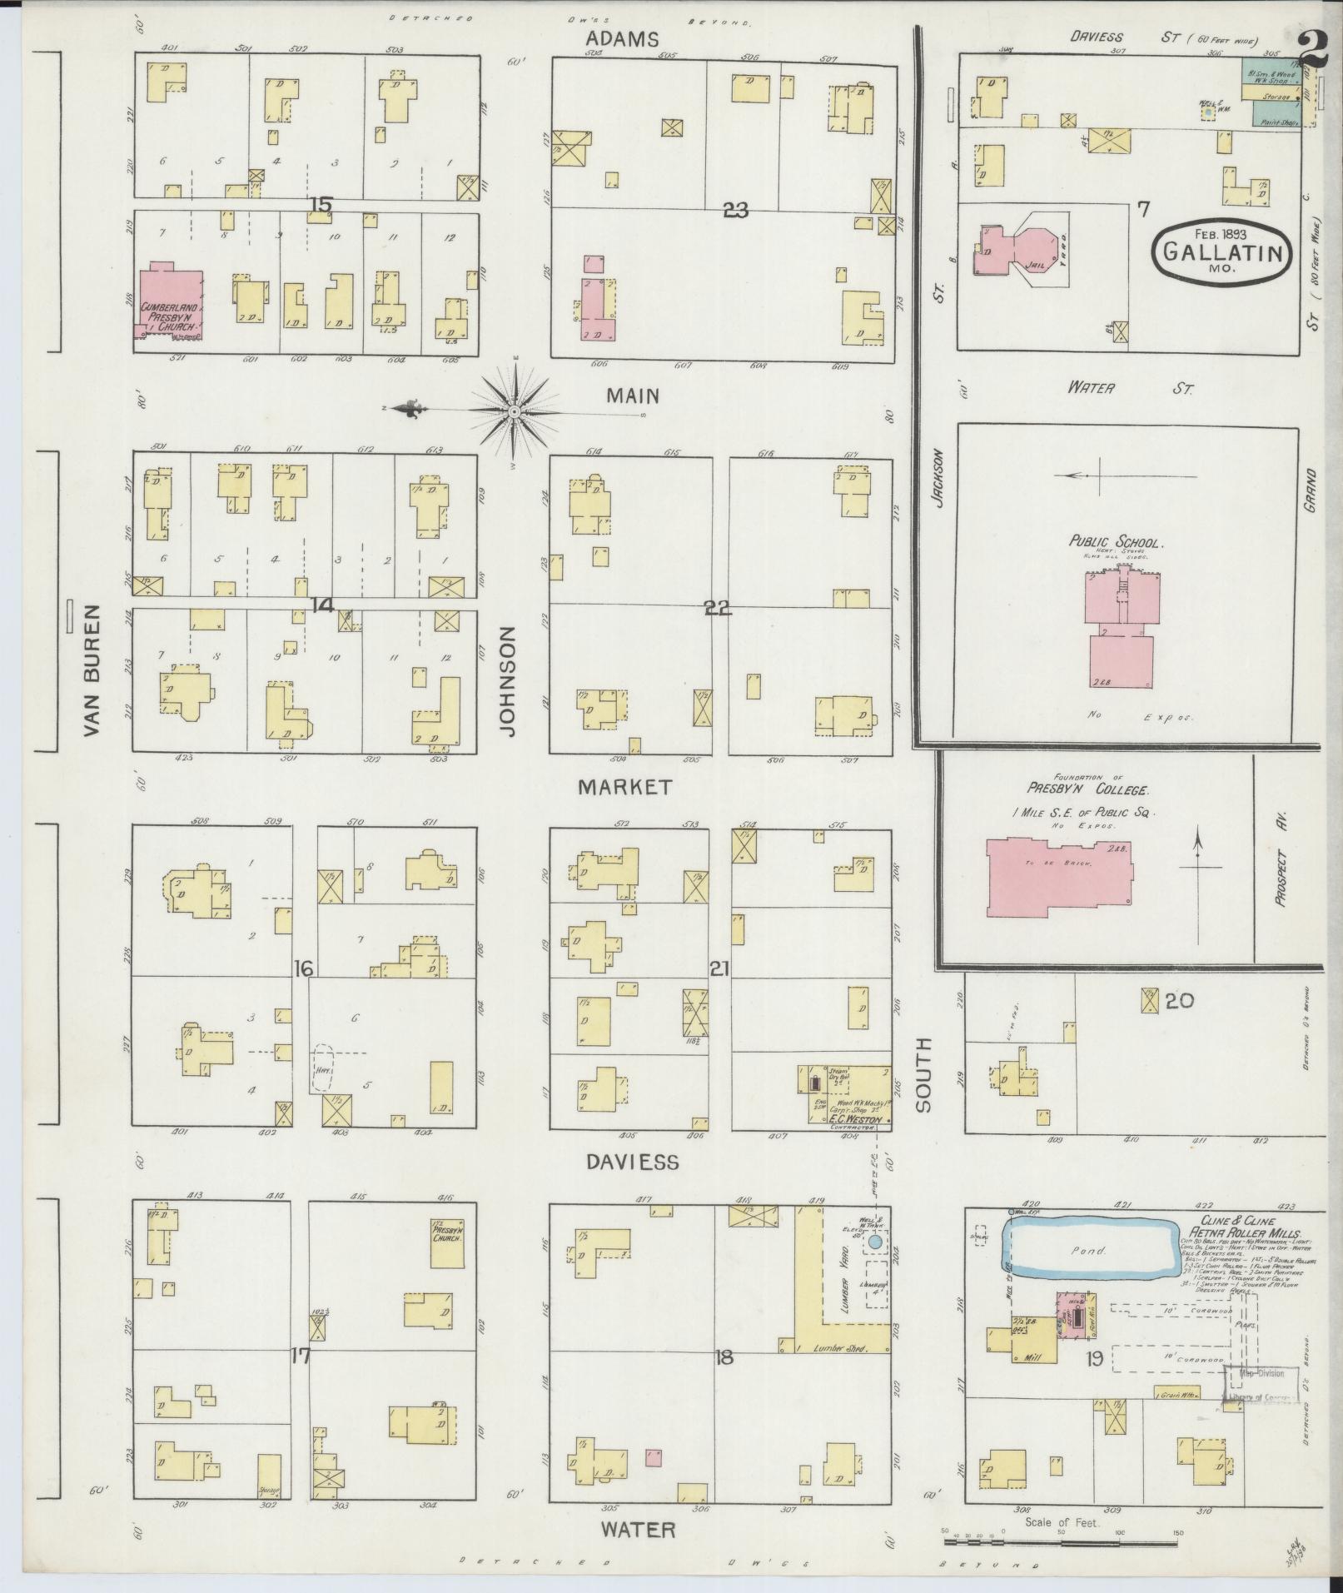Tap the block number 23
pyautogui.click(x=735, y=211)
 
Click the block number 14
pyautogui.click(x=322, y=605)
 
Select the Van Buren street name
pyautogui.click(x=92, y=669)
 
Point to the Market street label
pyautogui.click(x=625, y=787)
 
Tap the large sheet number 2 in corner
pyautogui.click(x=1315, y=50)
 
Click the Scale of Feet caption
pyautogui.click(x=1062, y=1522)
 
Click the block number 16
pyautogui.click(x=303, y=968)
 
